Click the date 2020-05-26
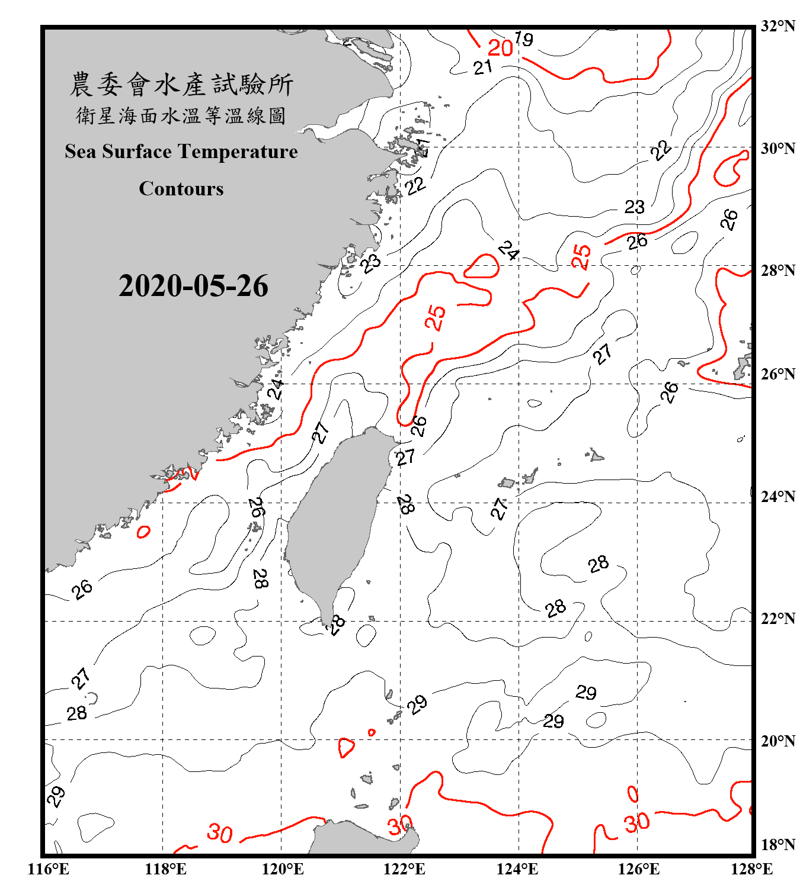[193, 286]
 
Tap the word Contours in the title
[181, 188]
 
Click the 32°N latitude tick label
[777, 26]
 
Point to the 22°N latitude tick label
[777, 619]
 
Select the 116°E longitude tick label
[49, 869]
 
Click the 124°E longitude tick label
[517, 869]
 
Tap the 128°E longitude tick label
[751, 869]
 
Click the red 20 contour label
[500, 47]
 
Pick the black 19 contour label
[524, 39]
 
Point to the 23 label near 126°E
[635, 207]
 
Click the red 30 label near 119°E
[220, 833]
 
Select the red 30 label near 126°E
[636, 823]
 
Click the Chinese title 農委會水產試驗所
[181, 84]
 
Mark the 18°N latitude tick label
[777, 845]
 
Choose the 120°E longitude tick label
[283, 869]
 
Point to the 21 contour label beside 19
[483, 67]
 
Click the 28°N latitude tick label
[777, 271]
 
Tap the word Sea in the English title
[81, 152]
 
